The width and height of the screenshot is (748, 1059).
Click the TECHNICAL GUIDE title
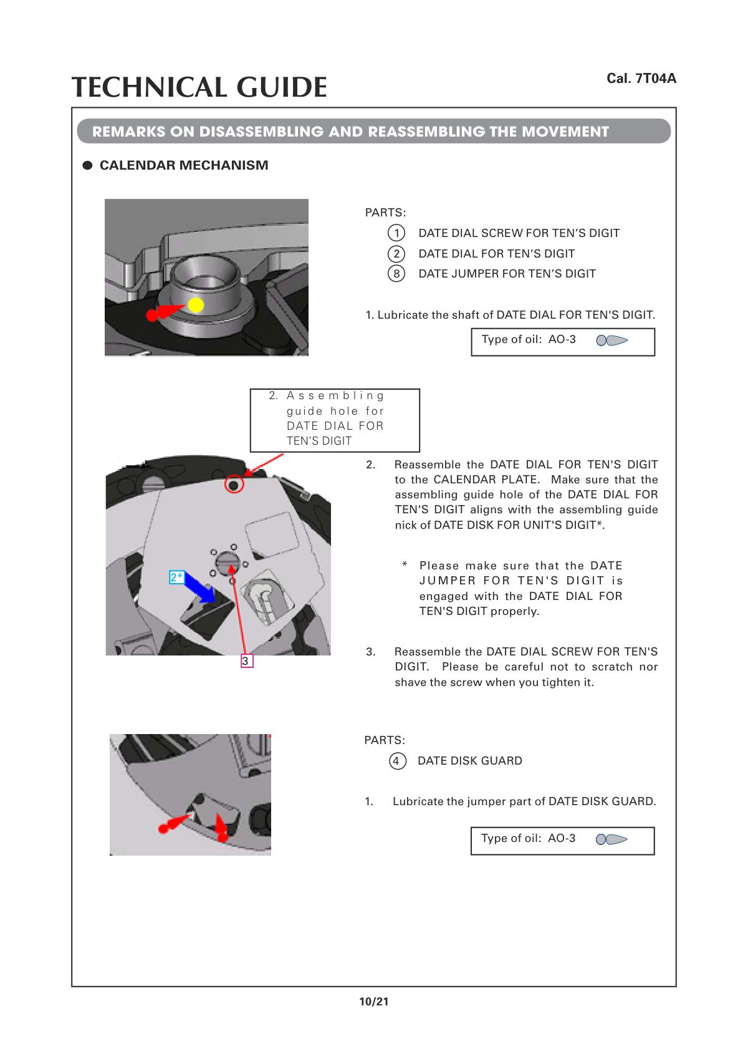[x=199, y=87]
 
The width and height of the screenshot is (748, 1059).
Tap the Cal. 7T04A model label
[x=641, y=79]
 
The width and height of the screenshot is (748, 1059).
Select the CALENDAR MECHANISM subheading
[x=184, y=165]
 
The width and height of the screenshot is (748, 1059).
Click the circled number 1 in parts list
[x=396, y=233]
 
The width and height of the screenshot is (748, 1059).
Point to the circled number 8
[x=396, y=274]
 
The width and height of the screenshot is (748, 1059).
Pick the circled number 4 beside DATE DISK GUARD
[x=396, y=761]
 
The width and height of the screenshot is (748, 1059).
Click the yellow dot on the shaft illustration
[x=196, y=305]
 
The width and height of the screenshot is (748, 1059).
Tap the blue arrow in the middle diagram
[x=201, y=589]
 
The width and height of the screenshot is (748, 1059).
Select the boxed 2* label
[x=177, y=577]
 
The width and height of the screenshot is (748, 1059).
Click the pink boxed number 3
[x=246, y=660]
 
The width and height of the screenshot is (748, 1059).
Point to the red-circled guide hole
[x=234, y=485]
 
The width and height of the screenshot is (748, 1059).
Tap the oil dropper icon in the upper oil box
[x=611, y=341]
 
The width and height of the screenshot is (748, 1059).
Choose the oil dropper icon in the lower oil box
[x=611, y=839]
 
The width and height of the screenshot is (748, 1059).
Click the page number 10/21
[x=373, y=1002]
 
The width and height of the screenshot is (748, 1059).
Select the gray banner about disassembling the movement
[x=373, y=132]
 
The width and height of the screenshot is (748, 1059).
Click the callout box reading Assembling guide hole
[x=335, y=419]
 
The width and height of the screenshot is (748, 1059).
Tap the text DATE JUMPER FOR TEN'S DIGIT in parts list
[x=507, y=274]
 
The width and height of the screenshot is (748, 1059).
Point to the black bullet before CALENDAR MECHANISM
[x=88, y=166]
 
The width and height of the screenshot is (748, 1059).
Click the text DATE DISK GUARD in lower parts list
[x=469, y=761]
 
